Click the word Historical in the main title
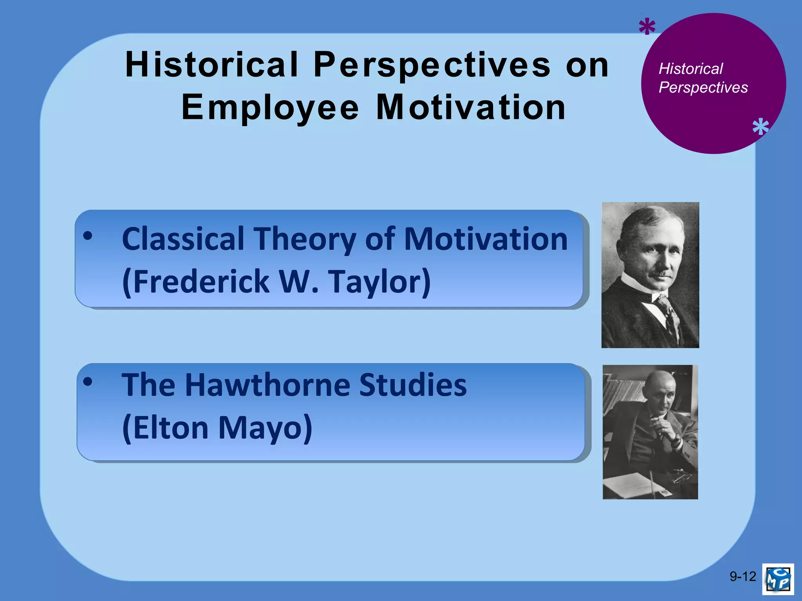coord(211,65)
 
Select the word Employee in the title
coord(270,108)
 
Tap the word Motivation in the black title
coord(471,108)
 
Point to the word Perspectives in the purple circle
coord(703,88)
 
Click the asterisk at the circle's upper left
coord(647,28)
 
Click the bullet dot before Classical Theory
coord(88,236)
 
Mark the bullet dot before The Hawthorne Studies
coord(88,381)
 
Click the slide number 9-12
coord(742,576)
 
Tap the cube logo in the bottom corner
coord(778,579)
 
